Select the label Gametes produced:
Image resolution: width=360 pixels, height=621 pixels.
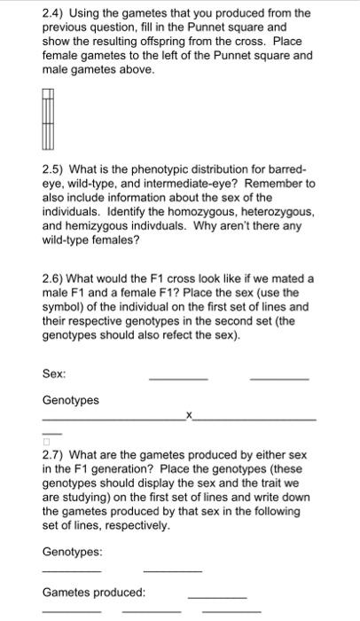(94, 592)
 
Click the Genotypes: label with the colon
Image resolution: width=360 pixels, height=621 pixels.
(73, 551)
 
